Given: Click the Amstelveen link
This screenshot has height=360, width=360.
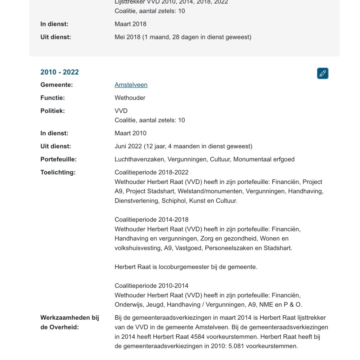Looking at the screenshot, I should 131,85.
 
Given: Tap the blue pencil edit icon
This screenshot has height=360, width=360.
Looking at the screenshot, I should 323,73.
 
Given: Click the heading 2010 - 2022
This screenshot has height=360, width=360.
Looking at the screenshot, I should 59,72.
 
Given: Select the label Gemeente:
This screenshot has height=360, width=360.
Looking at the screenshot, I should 57,85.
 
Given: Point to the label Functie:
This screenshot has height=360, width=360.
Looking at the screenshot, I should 53,98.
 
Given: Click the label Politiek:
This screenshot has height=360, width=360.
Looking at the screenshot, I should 53,111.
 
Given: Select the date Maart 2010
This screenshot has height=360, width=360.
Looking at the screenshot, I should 130,133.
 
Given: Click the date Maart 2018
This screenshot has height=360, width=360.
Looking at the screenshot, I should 130,24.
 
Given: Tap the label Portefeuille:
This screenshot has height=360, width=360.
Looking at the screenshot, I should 58,159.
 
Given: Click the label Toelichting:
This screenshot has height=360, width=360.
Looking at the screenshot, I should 58,172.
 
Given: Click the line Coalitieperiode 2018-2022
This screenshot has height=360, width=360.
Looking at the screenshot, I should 152,172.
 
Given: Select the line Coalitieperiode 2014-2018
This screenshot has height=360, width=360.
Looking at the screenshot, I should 152,220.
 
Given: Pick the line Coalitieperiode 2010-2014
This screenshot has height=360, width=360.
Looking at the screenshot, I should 152,286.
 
